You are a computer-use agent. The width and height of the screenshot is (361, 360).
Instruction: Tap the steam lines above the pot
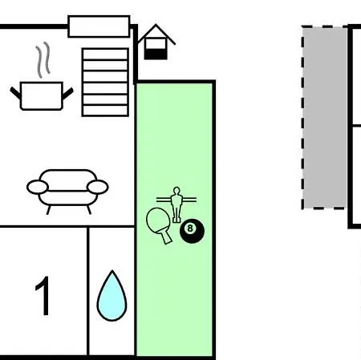click(43, 59)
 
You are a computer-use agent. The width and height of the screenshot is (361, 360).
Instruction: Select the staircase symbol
click(105, 83)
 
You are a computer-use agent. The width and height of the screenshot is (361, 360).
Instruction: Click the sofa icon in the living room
click(67, 191)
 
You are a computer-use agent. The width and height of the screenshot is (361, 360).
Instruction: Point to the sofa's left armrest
click(38, 187)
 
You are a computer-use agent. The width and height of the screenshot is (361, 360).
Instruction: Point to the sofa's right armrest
click(98, 187)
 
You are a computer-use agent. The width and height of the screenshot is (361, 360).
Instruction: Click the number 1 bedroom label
click(43, 296)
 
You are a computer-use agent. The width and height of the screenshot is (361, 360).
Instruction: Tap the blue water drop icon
click(112, 297)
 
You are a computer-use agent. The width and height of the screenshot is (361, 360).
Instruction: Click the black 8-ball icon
click(192, 231)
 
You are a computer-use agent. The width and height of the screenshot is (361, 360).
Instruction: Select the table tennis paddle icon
click(159, 224)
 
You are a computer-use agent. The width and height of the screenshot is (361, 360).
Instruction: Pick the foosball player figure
click(176, 204)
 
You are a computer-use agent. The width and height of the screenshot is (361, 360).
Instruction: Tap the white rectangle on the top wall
click(99, 26)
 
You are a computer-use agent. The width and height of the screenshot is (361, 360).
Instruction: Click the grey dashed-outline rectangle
click(324, 117)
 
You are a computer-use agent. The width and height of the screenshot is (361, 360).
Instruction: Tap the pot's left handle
click(15, 93)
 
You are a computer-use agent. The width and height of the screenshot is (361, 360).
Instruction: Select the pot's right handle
click(67, 93)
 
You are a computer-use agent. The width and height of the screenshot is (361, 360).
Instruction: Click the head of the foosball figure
click(176, 191)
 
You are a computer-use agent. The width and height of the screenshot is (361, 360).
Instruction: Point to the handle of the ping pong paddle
click(166, 237)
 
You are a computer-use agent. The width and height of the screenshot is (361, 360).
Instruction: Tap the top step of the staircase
click(105, 54)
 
